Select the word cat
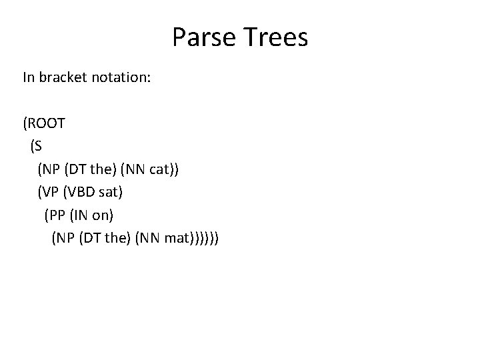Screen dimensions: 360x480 pyautogui.click(x=160, y=169)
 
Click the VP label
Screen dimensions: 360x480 pyautogui.click(x=50, y=192)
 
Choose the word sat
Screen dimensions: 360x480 pyautogui.click(x=108, y=192)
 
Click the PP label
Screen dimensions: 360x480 pyautogui.click(x=57, y=215)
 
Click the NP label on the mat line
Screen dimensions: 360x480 pyautogui.click(x=65, y=237)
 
